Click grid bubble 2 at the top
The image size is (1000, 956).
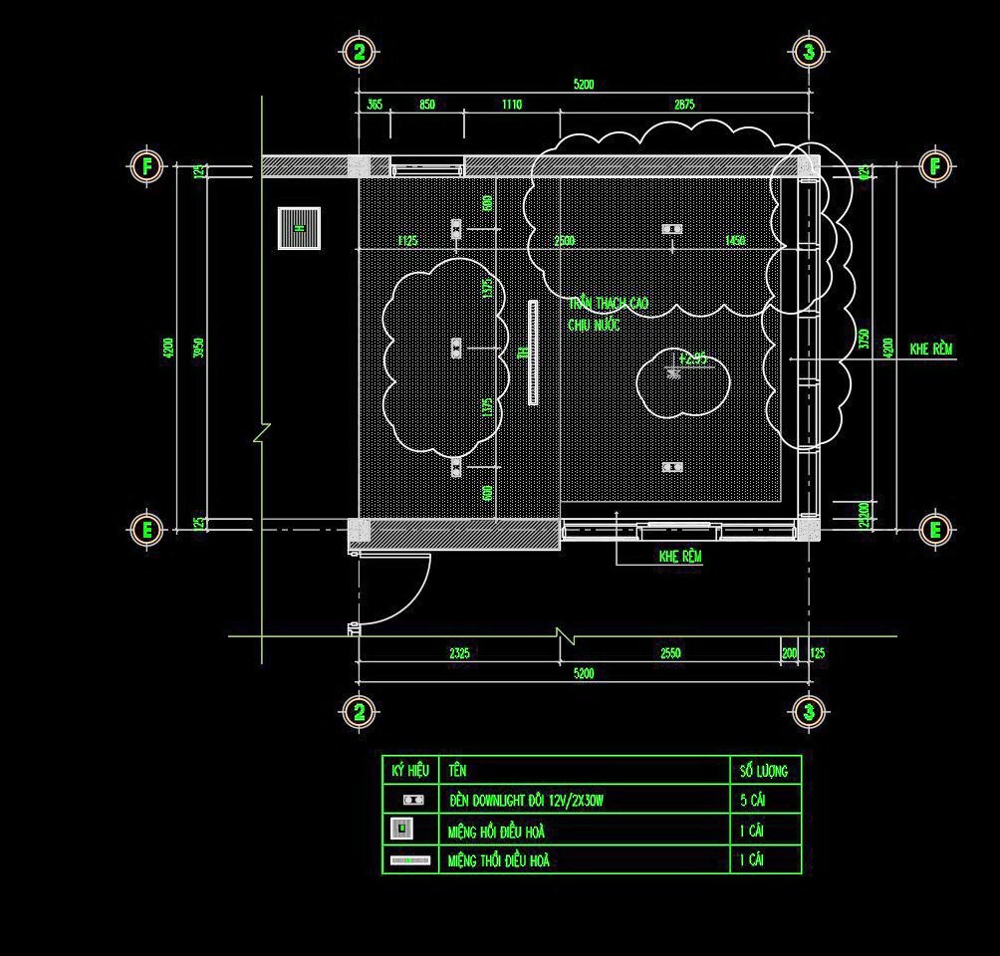[x=360, y=51]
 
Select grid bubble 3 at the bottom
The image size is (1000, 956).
[x=809, y=711]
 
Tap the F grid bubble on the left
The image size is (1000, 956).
[x=146, y=165]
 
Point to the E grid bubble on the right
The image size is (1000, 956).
[x=935, y=529]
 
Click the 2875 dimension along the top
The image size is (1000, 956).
[x=683, y=105]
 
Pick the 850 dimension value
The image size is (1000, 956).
[x=426, y=105]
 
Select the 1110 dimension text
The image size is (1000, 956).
[x=511, y=105]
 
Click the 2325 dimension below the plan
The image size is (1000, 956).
[x=459, y=653]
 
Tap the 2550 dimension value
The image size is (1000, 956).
[x=670, y=653]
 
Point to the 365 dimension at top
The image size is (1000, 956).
[x=375, y=105]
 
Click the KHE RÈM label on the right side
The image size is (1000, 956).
[x=931, y=350]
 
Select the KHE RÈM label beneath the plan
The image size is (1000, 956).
[x=680, y=557]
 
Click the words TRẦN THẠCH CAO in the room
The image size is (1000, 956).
[x=610, y=303]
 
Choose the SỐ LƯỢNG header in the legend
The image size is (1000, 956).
[x=764, y=771]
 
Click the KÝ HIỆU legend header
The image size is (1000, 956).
[x=409, y=771]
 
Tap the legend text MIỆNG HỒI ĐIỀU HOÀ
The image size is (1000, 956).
[x=497, y=831]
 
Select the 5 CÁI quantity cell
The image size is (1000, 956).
[x=753, y=800]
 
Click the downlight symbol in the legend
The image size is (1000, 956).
[x=413, y=800]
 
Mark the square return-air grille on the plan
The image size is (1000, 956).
[x=299, y=228]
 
